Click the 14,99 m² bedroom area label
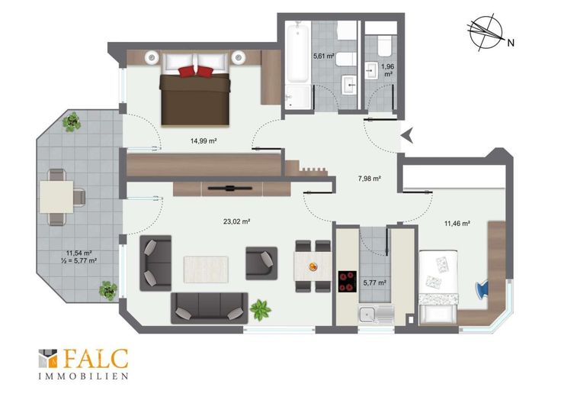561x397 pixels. click(204, 141)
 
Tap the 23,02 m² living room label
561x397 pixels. click(236, 221)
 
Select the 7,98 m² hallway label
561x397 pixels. click(369, 178)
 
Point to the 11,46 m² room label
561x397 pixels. click(457, 224)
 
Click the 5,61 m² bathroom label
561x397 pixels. click(324, 56)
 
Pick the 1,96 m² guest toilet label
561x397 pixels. click(388, 70)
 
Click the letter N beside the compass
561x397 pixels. click(511, 43)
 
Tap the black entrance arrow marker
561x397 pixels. click(407, 135)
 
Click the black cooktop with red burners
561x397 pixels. click(348, 281)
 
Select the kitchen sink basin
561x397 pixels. click(367, 315)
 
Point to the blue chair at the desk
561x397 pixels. click(482, 289)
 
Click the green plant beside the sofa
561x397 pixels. click(261, 309)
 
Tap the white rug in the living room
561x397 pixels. click(206, 270)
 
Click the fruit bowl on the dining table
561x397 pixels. click(313, 266)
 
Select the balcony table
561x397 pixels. click(56, 197)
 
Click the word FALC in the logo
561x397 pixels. click(96, 359)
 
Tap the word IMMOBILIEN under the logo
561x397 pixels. click(83, 376)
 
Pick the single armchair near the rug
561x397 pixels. click(261, 263)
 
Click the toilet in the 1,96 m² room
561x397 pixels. click(384, 45)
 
